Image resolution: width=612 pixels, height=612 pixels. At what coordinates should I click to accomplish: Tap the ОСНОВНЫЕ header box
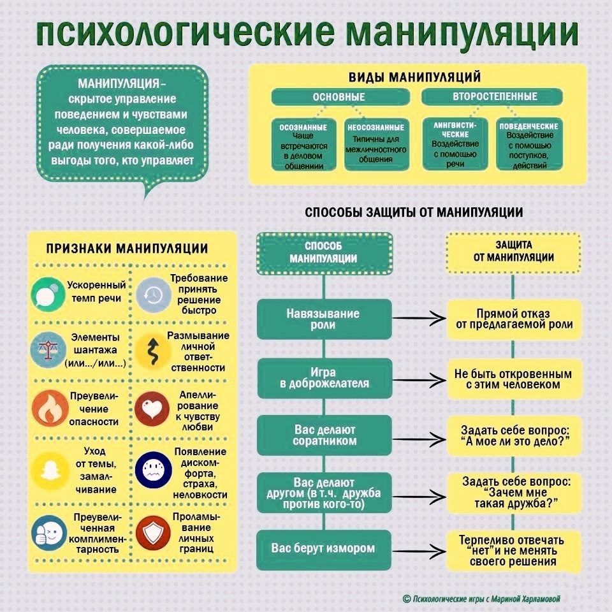click(x=339, y=97)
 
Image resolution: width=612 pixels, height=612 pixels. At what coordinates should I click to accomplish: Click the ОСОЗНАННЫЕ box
click(x=304, y=145)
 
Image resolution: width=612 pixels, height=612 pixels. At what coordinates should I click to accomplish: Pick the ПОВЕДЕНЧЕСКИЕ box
click(x=528, y=145)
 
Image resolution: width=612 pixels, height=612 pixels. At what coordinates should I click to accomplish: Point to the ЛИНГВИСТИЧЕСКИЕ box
click(x=455, y=145)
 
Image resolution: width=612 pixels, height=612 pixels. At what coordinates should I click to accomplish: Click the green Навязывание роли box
click(x=323, y=319)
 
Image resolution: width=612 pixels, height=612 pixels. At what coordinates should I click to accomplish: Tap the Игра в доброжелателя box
click(x=323, y=377)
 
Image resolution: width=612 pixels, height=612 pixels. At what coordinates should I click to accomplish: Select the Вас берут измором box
click(x=323, y=548)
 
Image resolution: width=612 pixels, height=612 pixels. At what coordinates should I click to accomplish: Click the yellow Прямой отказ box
click(x=513, y=319)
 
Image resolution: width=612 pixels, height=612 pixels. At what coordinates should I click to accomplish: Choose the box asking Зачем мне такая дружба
click(x=513, y=492)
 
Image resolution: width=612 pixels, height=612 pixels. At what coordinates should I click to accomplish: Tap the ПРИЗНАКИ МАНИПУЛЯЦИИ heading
click(x=126, y=249)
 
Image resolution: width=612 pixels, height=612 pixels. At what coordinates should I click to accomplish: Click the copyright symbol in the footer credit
click(x=406, y=598)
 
